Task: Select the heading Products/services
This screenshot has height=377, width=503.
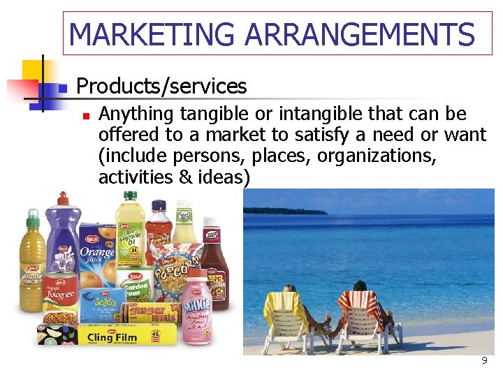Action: [x=161, y=86]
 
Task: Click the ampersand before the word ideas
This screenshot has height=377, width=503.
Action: [x=186, y=177]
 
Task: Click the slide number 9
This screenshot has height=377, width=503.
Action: [x=483, y=361]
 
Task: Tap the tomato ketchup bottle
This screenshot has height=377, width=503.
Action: [x=213, y=262]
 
